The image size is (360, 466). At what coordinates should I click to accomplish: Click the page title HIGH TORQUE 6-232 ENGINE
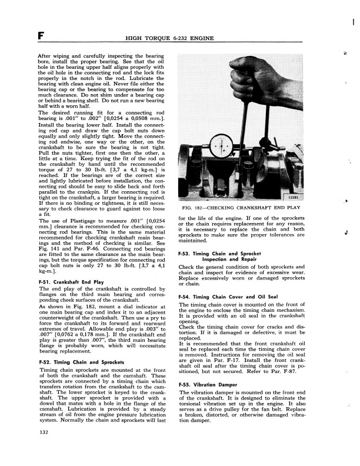coord(169,39)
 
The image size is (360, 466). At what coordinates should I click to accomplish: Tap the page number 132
coord(26,449)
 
